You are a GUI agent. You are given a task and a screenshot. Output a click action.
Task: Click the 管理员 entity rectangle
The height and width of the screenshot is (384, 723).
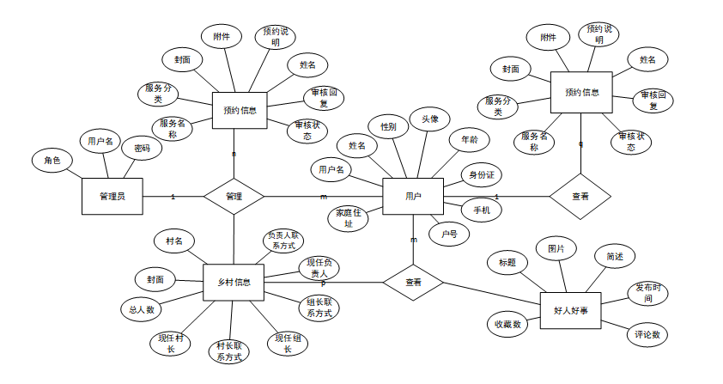pos(112,197)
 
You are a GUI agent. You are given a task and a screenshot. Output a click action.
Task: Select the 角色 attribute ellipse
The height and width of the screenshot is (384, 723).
pos(52,161)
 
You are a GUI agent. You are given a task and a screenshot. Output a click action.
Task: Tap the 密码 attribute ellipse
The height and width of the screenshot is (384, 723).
pos(142,149)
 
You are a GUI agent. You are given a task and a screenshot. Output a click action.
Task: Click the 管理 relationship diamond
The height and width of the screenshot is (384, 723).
pos(234,197)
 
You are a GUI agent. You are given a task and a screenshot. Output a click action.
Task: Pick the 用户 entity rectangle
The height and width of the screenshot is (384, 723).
pos(413,197)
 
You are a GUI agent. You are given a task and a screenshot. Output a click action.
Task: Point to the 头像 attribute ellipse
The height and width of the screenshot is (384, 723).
pos(429,119)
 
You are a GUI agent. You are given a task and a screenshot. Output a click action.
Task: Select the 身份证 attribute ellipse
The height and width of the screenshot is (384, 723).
pos(481,174)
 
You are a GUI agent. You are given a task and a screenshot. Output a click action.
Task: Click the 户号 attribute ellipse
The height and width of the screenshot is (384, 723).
pos(449,234)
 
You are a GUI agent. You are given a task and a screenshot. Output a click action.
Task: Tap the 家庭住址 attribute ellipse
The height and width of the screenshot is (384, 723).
pos(349,218)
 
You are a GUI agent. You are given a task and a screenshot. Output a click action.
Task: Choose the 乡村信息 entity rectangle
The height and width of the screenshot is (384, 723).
pos(234,283)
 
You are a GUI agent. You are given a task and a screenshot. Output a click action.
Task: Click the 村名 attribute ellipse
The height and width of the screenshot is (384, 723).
pos(174,241)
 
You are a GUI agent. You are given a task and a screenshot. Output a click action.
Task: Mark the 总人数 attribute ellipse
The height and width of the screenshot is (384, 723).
pos(142,309)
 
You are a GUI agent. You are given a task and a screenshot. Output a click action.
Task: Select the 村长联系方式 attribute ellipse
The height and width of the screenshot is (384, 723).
pos(228,350)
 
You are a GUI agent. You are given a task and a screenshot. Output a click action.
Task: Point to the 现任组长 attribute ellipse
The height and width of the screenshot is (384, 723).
pos(288,344)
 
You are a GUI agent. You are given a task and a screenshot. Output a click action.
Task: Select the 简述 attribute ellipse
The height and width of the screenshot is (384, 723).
pos(615,256)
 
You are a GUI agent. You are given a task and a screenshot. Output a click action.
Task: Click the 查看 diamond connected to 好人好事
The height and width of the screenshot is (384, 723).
pos(413,282)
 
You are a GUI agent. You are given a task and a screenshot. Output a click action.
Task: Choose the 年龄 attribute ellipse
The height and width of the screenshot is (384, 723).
pos(469,139)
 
